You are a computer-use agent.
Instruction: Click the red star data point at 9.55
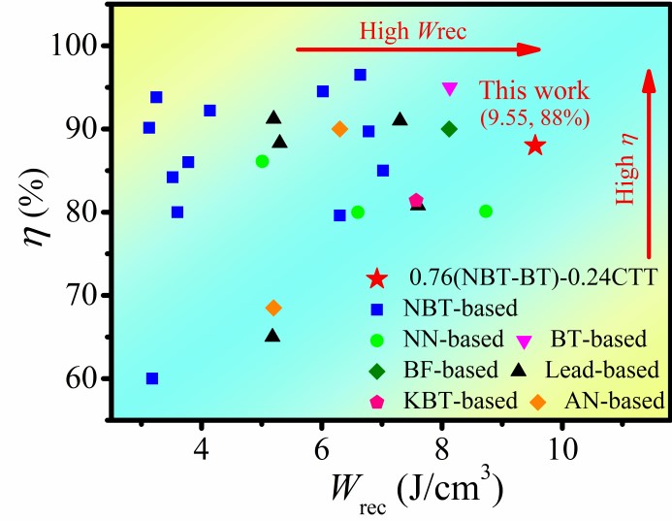tap(535, 146)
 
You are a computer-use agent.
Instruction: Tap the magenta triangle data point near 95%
tap(449, 88)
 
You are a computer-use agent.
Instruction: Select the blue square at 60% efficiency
tap(152, 378)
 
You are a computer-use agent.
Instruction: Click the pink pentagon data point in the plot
tap(416, 201)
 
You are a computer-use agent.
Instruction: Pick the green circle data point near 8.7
tap(486, 212)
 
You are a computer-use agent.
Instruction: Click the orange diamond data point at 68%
tap(273, 309)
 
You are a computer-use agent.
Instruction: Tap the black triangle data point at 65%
tap(272, 336)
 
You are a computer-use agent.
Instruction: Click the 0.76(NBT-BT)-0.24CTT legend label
tap(529, 278)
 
